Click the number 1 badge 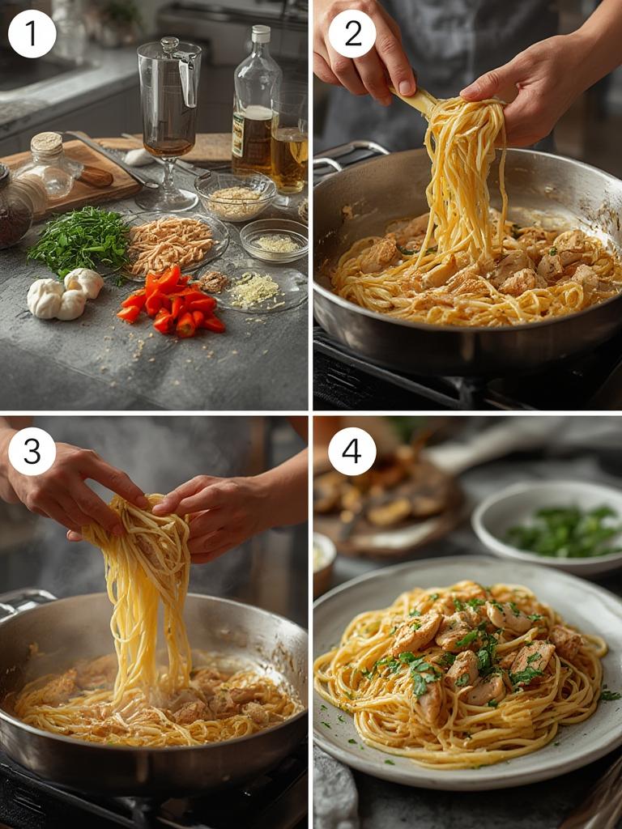[x=32, y=34]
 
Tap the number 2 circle [x=351, y=34]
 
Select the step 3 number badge [x=32, y=451]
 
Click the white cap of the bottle [x=260, y=34]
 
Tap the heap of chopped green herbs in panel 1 [x=79, y=240]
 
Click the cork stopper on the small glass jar [x=47, y=144]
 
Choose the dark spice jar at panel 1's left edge [x=14, y=206]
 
